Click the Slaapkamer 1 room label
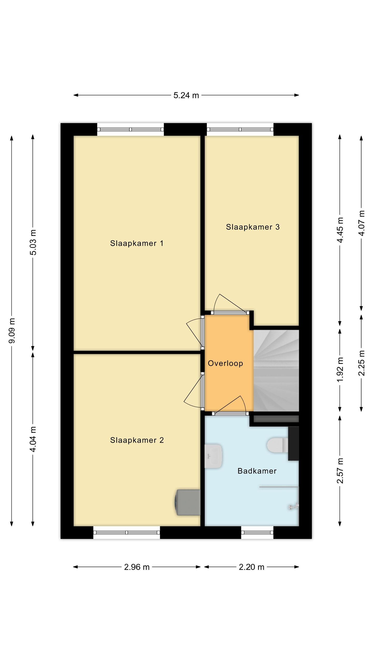pyautogui.click(x=137, y=243)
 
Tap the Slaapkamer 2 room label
pyautogui.click(x=137, y=440)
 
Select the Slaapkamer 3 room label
pyautogui.click(x=253, y=227)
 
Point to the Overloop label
pyautogui.click(x=225, y=363)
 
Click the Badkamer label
pyautogui.click(x=257, y=471)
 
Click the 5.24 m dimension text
pyautogui.click(x=186, y=95)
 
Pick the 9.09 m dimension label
pyautogui.click(x=12, y=331)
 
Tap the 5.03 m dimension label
pyautogui.click(x=33, y=242)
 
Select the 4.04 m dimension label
pyautogui.click(x=33, y=439)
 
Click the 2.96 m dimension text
pyautogui.click(x=137, y=567)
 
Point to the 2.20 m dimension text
pyautogui.click(x=252, y=567)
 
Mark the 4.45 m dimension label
pyautogui.click(x=340, y=230)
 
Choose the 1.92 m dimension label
pyautogui.click(x=340, y=370)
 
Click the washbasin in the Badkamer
pyautogui.click(x=213, y=456)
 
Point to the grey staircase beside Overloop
pyautogui.click(x=276, y=371)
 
